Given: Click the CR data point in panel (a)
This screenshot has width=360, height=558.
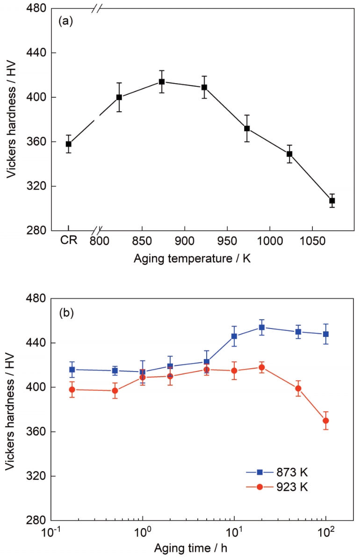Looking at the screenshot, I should click(x=68, y=144).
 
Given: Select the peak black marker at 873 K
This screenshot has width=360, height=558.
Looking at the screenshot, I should click(x=162, y=82).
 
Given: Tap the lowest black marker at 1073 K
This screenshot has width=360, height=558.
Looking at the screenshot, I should click(x=332, y=200).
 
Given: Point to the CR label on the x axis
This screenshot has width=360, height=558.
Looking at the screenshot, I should click(x=68, y=242).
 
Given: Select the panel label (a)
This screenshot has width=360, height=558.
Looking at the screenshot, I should click(x=67, y=21).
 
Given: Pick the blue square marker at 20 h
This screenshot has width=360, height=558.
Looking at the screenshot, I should click(x=262, y=327).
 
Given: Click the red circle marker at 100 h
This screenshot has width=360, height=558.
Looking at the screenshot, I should click(x=326, y=421).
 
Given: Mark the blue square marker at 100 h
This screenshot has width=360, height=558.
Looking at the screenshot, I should click(x=326, y=334).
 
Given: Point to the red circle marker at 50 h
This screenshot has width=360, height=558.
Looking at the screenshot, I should click(x=298, y=388).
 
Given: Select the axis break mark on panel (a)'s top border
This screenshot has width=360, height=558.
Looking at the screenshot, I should click(x=97, y=8).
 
